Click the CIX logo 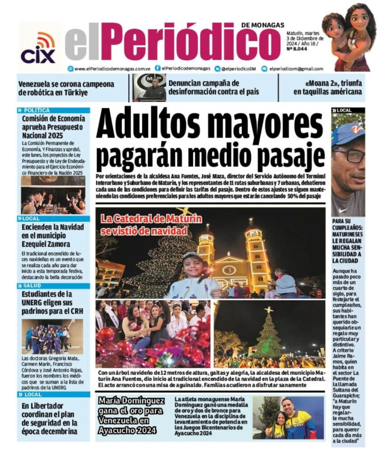click(38, 48)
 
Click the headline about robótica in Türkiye click(66, 88)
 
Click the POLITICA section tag click(37, 110)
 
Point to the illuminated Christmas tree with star click(269, 336)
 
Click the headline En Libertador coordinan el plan click(50, 418)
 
